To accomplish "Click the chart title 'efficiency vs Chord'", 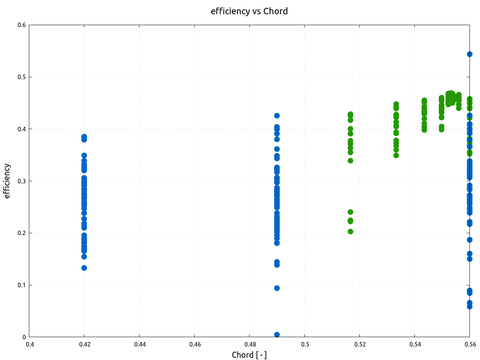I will coord(249,11).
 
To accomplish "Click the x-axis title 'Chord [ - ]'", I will coord(249,355).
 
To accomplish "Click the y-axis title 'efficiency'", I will coord(7,181).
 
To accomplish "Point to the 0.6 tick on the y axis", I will coord(22,25).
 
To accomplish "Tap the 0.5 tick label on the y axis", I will coord(22,77).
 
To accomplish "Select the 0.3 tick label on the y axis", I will coord(22,181).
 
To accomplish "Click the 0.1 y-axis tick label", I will coord(22,285).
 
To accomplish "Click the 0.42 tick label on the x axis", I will coord(84,344).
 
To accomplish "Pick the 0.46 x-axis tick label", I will coord(195,344).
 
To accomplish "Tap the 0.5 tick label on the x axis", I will coord(305,344).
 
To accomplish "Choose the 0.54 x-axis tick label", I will coord(415,344).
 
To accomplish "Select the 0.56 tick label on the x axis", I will coord(470,344).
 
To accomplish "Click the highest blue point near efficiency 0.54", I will coord(469,54).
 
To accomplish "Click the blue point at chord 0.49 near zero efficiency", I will coord(277,334).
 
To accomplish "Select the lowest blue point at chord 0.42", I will coord(84,268).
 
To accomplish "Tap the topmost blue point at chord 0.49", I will coord(277,115).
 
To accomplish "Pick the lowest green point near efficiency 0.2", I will coord(350,231).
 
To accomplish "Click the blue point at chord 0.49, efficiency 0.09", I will coord(277,288).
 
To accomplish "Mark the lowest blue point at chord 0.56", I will coord(469,306).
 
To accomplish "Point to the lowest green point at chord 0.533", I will coord(396,155).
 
